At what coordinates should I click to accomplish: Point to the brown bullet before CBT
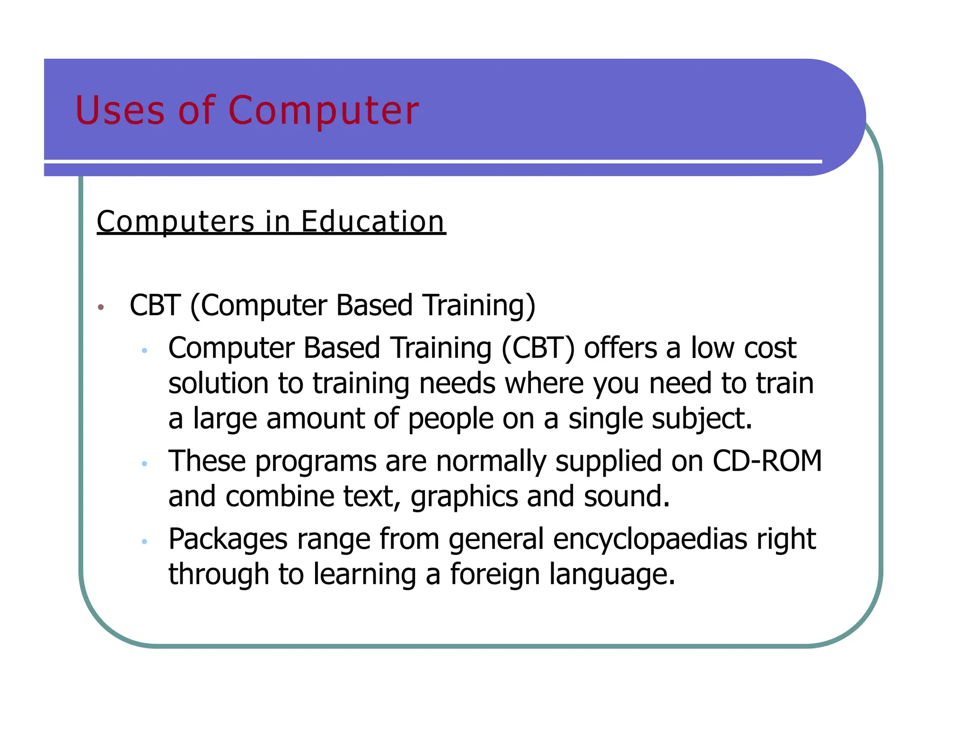(x=100, y=308)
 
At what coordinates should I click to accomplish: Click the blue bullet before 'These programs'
(x=145, y=464)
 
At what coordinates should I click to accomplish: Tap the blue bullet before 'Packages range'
(x=145, y=541)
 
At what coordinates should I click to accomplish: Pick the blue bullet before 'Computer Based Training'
(x=145, y=351)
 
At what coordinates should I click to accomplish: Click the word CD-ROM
(x=767, y=461)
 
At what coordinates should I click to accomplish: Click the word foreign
(x=494, y=574)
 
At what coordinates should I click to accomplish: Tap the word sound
(x=626, y=496)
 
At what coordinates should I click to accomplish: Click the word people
(x=450, y=419)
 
